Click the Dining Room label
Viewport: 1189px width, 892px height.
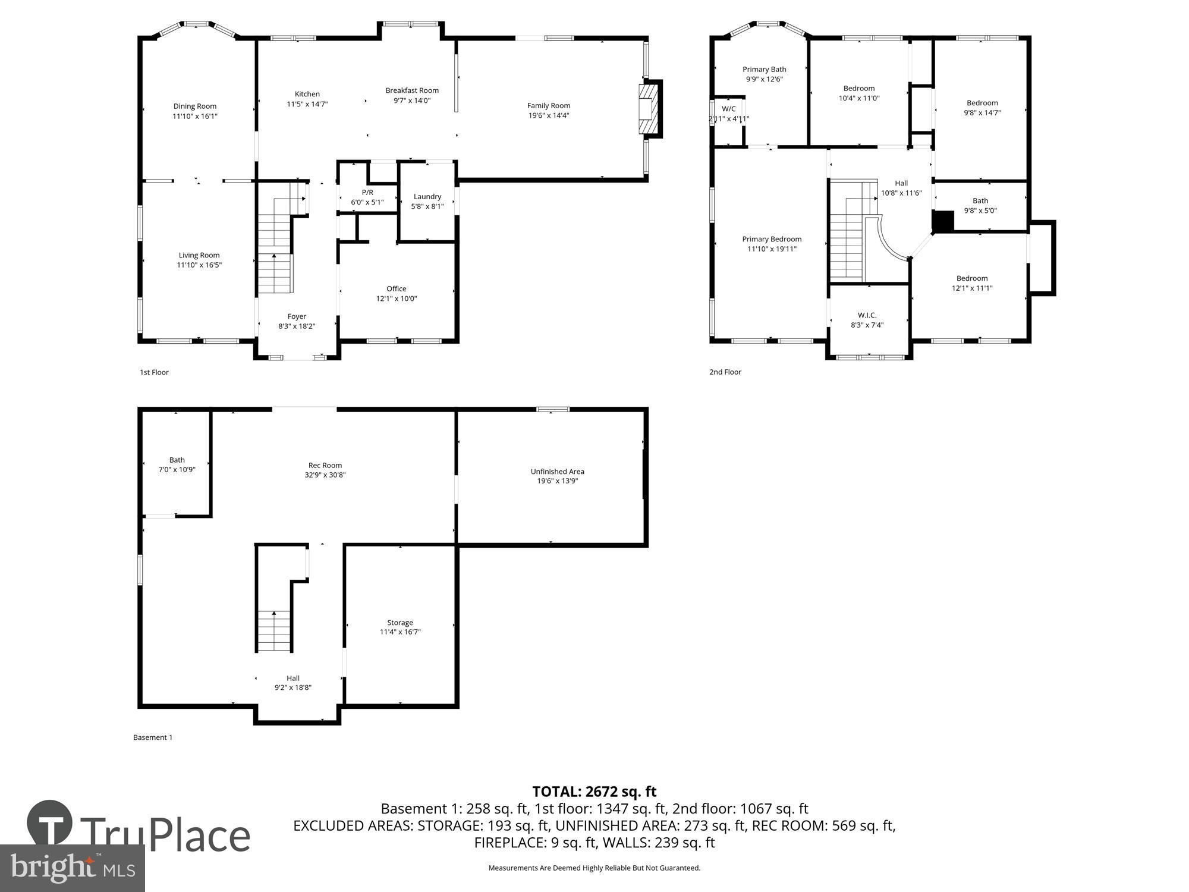pos(194,106)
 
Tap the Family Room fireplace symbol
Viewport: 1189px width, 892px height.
pos(649,109)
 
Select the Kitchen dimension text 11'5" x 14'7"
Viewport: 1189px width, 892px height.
pos(307,104)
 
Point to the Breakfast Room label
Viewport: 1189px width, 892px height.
pos(412,90)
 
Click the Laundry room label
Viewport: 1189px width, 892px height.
pos(427,197)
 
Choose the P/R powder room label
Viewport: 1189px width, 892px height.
pos(367,193)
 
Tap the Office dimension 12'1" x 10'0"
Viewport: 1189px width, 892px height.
pos(396,299)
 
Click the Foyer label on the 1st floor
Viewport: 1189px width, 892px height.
pos(297,316)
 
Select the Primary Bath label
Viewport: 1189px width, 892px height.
pos(764,70)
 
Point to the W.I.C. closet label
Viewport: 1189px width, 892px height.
pos(867,315)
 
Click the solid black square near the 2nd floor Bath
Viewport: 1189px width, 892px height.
pos(942,221)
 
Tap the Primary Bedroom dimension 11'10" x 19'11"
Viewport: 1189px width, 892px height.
pos(772,249)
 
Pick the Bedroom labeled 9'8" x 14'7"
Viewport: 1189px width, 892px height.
pos(982,103)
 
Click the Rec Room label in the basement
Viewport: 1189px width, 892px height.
pos(325,466)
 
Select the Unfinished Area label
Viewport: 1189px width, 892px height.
pos(557,472)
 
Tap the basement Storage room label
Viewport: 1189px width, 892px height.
pos(400,623)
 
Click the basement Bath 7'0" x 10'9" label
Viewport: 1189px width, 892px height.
pos(177,460)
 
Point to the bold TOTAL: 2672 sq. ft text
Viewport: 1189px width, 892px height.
pos(594,792)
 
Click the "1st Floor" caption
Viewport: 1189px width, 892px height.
pos(154,372)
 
